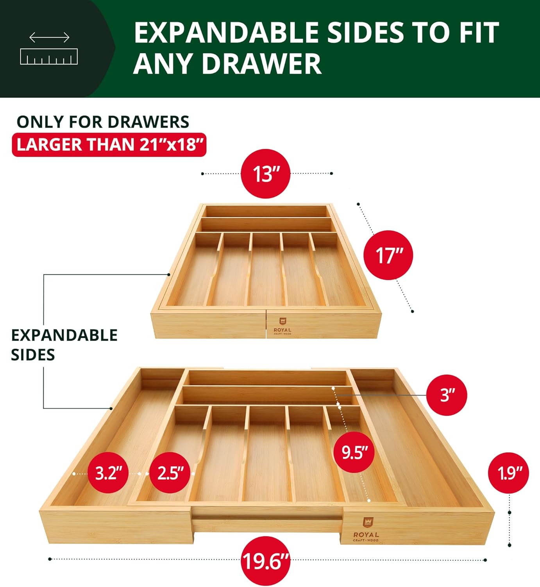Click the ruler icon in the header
pyautogui.click(x=49, y=56)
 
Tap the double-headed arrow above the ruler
pyautogui.click(x=49, y=38)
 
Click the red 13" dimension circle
pyautogui.click(x=266, y=173)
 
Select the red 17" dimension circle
pyautogui.click(x=388, y=255)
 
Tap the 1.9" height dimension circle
pyautogui.click(x=508, y=473)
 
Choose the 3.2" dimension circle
pyautogui.click(x=111, y=473)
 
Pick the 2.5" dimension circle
pyautogui.click(x=170, y=473)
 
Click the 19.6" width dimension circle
pyautogui.click(x=265, y=561)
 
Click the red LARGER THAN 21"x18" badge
pyautogui.click(x=109, y=145)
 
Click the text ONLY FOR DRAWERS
pyautogui.click(x=103, y=122)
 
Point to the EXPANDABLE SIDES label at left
pyautogui.click(x=64, y=345)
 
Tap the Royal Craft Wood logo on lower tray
pyautogui.click(x=366, y=530)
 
